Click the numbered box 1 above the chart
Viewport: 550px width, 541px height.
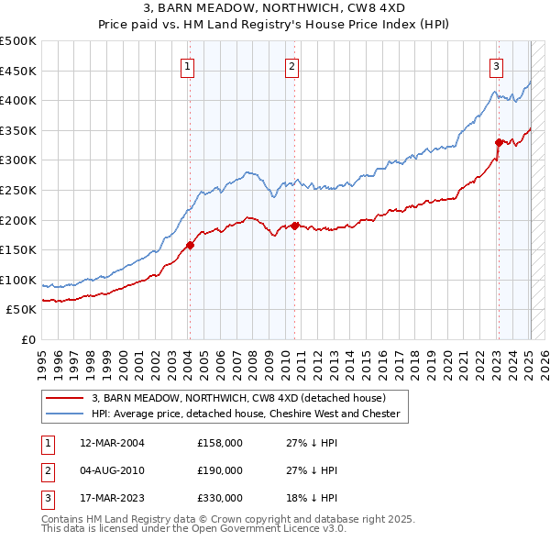(x=187, y=66)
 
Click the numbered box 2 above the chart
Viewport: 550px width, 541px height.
(x=291, y=66)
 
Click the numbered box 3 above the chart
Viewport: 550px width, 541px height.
(x=496, y=66)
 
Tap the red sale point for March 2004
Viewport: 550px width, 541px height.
(x=190, y=245)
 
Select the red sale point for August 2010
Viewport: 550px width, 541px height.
(x=294, y=226)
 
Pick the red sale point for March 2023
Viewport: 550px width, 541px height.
(x=499, y=142)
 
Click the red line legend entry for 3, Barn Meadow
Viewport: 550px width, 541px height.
(x=238, y=398)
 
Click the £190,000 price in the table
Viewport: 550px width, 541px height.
(x=220, y=470)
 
